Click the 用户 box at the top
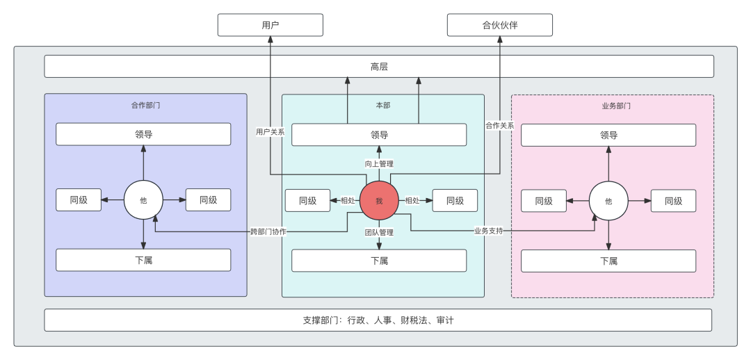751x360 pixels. point(270,25)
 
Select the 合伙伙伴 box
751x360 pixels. point(499,25)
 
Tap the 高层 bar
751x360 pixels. point(379,67)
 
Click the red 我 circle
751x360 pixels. point(379,201)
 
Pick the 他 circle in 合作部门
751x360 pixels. point(143,200)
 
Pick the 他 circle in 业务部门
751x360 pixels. point(608,201)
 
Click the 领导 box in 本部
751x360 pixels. point(379,135)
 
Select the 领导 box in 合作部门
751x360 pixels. point(143,134)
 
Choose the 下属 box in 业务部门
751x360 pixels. point(608,261)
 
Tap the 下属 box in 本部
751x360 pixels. point(379,261)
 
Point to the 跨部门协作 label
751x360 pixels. point(268,231)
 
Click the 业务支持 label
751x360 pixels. point(488,231)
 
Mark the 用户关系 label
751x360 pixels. point(270,131)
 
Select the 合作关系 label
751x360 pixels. point(499,126)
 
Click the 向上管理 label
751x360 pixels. point(379,164)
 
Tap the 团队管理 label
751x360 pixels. point(379,232)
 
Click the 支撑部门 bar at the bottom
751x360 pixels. point(378,320)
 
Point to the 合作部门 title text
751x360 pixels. point(146,106)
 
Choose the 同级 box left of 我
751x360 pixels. point(307,201)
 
